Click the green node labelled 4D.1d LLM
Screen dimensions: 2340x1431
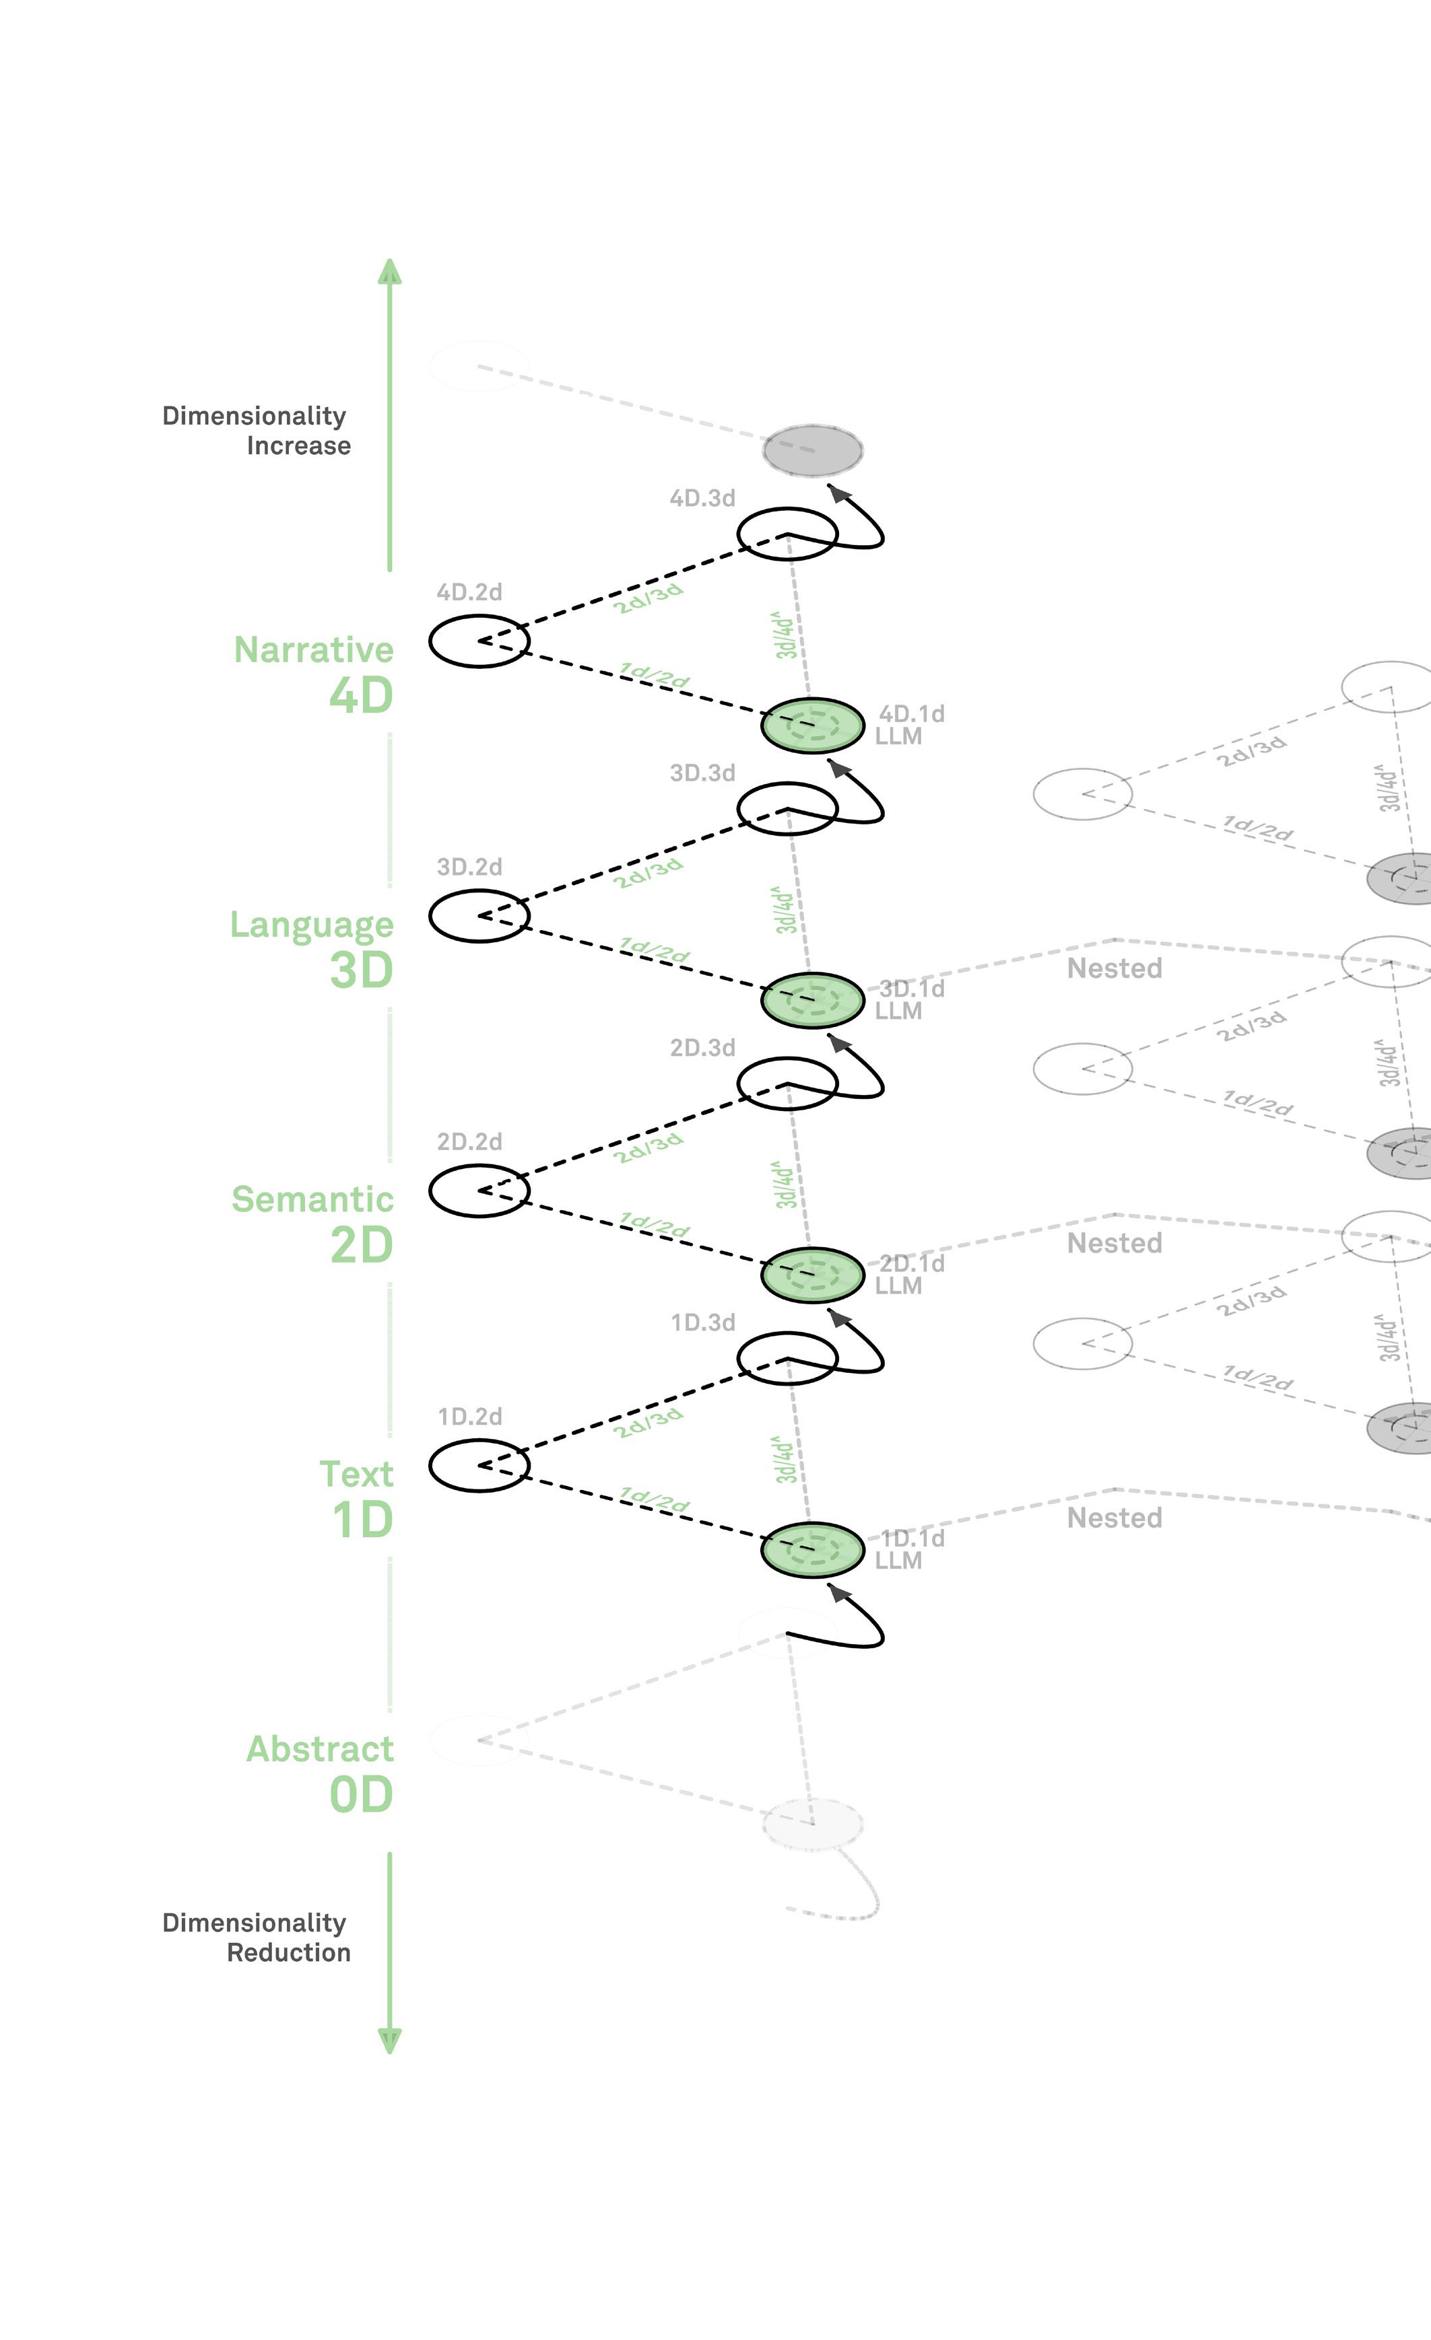coord(812,725)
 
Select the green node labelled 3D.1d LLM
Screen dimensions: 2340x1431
coord(812,1000)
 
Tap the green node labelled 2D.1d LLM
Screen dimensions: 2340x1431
coord(812,1275)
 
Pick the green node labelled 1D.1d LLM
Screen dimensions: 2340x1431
coord(812,1549)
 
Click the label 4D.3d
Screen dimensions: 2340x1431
coord(702,499)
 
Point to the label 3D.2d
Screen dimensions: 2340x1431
coord(469,867)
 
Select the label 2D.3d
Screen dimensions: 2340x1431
coord(702,1047)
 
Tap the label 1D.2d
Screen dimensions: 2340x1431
coord(469,1417)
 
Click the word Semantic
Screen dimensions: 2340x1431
coord(312,1199)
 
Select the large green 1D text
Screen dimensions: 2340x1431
coord(362,1520)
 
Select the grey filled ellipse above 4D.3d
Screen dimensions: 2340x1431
coord(812,451)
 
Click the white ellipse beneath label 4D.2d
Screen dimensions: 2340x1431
coord(479,641)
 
